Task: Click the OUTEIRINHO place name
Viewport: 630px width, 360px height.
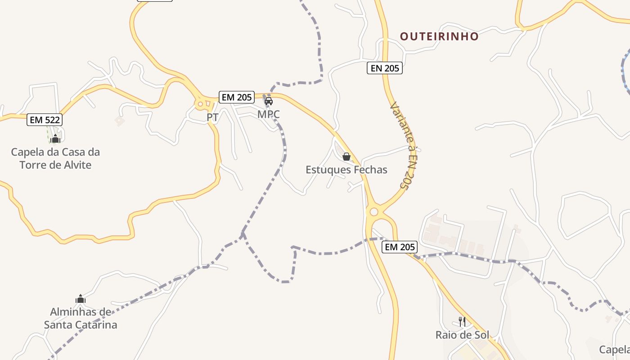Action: click(x=439, y=36)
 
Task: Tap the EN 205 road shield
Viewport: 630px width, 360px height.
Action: click(x=384, y=68)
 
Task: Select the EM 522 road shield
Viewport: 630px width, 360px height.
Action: click(x=44, y=120)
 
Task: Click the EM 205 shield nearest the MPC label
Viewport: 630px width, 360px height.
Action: click(x=237, y=97)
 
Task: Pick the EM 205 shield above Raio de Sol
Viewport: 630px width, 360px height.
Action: click(x=400, y=247)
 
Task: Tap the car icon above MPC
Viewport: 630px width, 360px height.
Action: click(x=269, y=101)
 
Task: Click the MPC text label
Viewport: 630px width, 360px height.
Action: click(x=269, y=114)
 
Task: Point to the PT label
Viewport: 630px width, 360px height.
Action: click(x=212, y=117)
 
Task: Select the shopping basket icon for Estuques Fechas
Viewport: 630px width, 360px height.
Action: click(x=346, y=157)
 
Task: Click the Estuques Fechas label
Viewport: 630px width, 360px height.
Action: click(x=346, y=170)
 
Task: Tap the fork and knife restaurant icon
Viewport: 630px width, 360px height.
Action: click(x=462, y=321)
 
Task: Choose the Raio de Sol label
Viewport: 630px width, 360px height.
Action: click(x=462, y=335)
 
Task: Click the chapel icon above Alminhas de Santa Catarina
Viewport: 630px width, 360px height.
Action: click(x=81, y=299)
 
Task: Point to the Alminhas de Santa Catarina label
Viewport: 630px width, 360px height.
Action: click(x=81, y=318)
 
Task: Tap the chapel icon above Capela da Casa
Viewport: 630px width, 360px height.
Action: click(x=55, y=139)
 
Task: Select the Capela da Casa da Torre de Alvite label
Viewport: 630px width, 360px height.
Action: click(x=55, y=158)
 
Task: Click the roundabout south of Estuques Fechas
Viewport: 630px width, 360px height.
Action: click(x=373, y=211)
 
